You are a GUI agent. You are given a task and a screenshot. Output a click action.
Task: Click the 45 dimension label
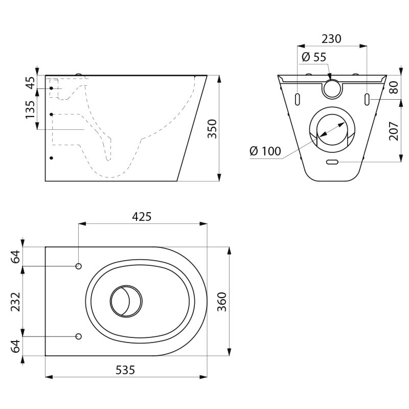(x=31, y=82)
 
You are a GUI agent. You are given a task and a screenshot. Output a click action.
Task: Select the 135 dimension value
(x=31, y=109)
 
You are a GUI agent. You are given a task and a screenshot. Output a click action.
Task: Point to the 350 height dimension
(x=212, y=129)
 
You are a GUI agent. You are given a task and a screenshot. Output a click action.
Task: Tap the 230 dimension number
(x=331, y=39)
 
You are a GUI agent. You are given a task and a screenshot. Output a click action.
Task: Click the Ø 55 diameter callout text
(x=313, y=57)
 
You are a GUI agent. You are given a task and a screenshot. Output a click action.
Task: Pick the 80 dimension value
(x=393, y=87)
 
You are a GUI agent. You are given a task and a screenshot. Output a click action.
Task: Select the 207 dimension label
(x=393, y=131)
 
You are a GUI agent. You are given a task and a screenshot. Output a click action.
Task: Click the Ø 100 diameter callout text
(x=265, y=151)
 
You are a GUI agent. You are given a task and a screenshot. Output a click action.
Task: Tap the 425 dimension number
(x=142, y=217)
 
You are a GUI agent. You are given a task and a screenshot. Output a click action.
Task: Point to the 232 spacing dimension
(x=16, y=302)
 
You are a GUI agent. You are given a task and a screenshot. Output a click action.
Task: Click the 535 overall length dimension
(x=125, y=370)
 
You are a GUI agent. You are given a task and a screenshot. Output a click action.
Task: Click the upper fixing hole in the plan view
(x=79, y=266)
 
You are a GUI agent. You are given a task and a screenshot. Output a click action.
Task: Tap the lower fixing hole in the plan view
(x=79, y=336)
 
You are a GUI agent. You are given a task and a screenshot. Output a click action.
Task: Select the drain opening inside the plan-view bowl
(x=126, y=301)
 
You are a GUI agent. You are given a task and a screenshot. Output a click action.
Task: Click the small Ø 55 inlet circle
(x=332, y=88)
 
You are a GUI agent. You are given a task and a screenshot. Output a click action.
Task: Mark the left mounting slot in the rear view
(x=297, y=98)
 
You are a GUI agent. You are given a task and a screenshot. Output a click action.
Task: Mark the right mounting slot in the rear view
(x=367, y=98)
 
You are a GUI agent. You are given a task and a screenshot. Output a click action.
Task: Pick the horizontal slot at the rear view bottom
(x=332, y=162)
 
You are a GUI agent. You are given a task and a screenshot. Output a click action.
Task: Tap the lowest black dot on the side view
(x=51, y=158)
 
